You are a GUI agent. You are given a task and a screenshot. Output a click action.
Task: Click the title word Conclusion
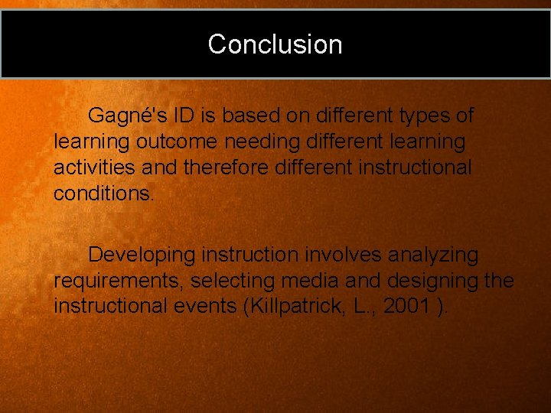pos(275,44)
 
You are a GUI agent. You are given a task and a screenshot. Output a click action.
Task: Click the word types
pos(422,116)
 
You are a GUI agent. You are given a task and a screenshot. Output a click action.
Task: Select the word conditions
pos(103,193)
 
